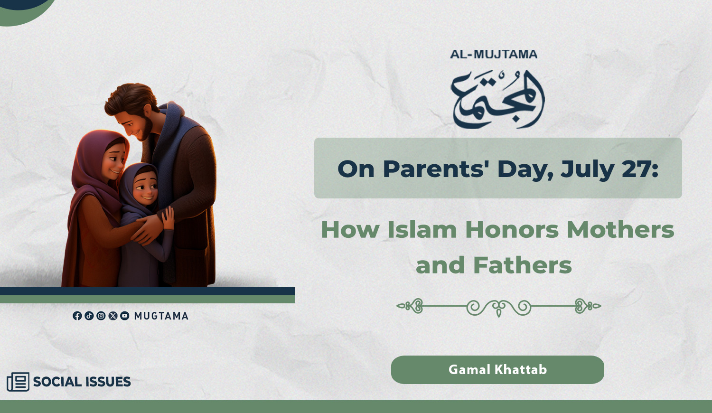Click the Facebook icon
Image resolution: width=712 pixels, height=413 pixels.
[x=77, y=316]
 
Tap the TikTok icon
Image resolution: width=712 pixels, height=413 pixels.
[x=89, y=316]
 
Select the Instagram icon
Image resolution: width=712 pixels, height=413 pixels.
[x=101, y=316]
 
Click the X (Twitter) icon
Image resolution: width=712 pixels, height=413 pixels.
[x=113, y=316]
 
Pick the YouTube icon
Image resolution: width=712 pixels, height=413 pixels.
[x=124, y=316]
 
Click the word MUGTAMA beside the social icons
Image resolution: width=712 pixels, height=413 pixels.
[x=161, y=316]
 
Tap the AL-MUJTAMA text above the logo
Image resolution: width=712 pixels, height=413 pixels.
[x=494, y=55]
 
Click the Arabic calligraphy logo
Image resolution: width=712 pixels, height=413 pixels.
[x=498, y=100]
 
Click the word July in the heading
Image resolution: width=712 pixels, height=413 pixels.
[x=587, y=170]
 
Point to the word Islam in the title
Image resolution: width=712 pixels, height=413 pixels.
[x=422, y=229]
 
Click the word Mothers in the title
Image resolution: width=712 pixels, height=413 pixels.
[x=620, y=229]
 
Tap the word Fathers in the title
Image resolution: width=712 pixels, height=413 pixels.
[x=523, y=265]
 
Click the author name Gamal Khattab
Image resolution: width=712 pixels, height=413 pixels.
[x=497, y=370]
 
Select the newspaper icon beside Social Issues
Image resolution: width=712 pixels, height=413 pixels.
[x=18, y=382]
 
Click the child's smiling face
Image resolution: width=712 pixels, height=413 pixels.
[x=145, y=187]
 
